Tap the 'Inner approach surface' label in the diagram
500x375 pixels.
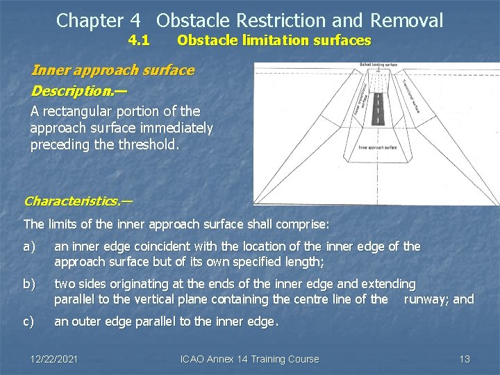click(x=378, y=147)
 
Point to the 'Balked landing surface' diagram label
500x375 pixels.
click(x=378, y=65)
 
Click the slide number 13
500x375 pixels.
click(x=465, y=359)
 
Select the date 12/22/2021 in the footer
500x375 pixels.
click(x=54, y=359)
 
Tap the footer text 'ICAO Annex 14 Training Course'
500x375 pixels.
click(x=249, y=359)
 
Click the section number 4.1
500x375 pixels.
click(x=139, y=40)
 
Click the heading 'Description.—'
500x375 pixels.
click(x=79, y=90)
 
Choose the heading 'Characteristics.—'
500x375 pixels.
click(x=78, y=201)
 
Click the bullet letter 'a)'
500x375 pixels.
click(x=30, y=247)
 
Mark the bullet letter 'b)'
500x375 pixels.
click(x=30, y=284)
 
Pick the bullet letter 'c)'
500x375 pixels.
click(x=30, y=322)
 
